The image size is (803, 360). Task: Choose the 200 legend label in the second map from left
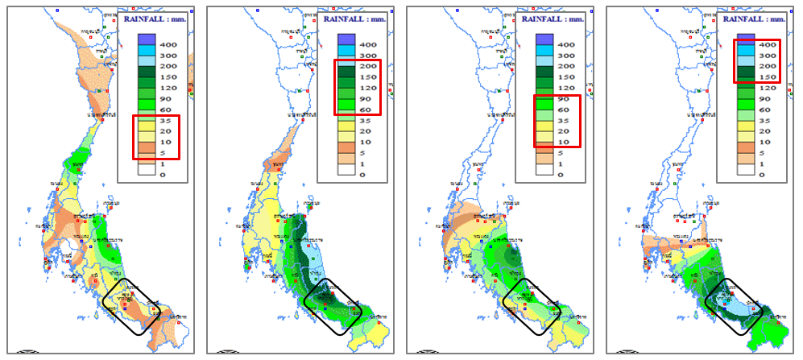pos(366,67)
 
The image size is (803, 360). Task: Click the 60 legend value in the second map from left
pos(365,110)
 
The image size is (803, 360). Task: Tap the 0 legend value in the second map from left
pos(362,174)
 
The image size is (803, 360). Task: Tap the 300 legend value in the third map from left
pos(566,56)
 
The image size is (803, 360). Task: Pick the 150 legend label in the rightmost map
pos(766,77)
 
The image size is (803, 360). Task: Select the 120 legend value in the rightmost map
pos(766,88)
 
